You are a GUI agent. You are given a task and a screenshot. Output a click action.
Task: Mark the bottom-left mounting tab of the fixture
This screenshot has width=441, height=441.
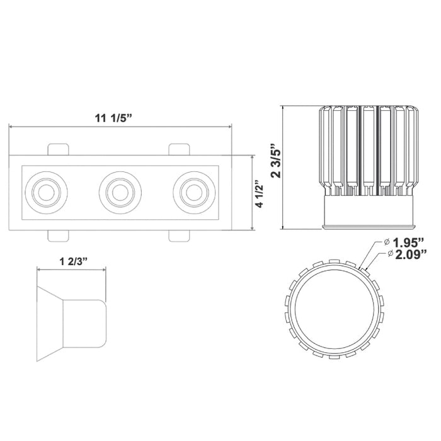coord(58,234)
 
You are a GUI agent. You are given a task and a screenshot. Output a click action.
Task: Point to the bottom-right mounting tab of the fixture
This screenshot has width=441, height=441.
coord(178,234)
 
